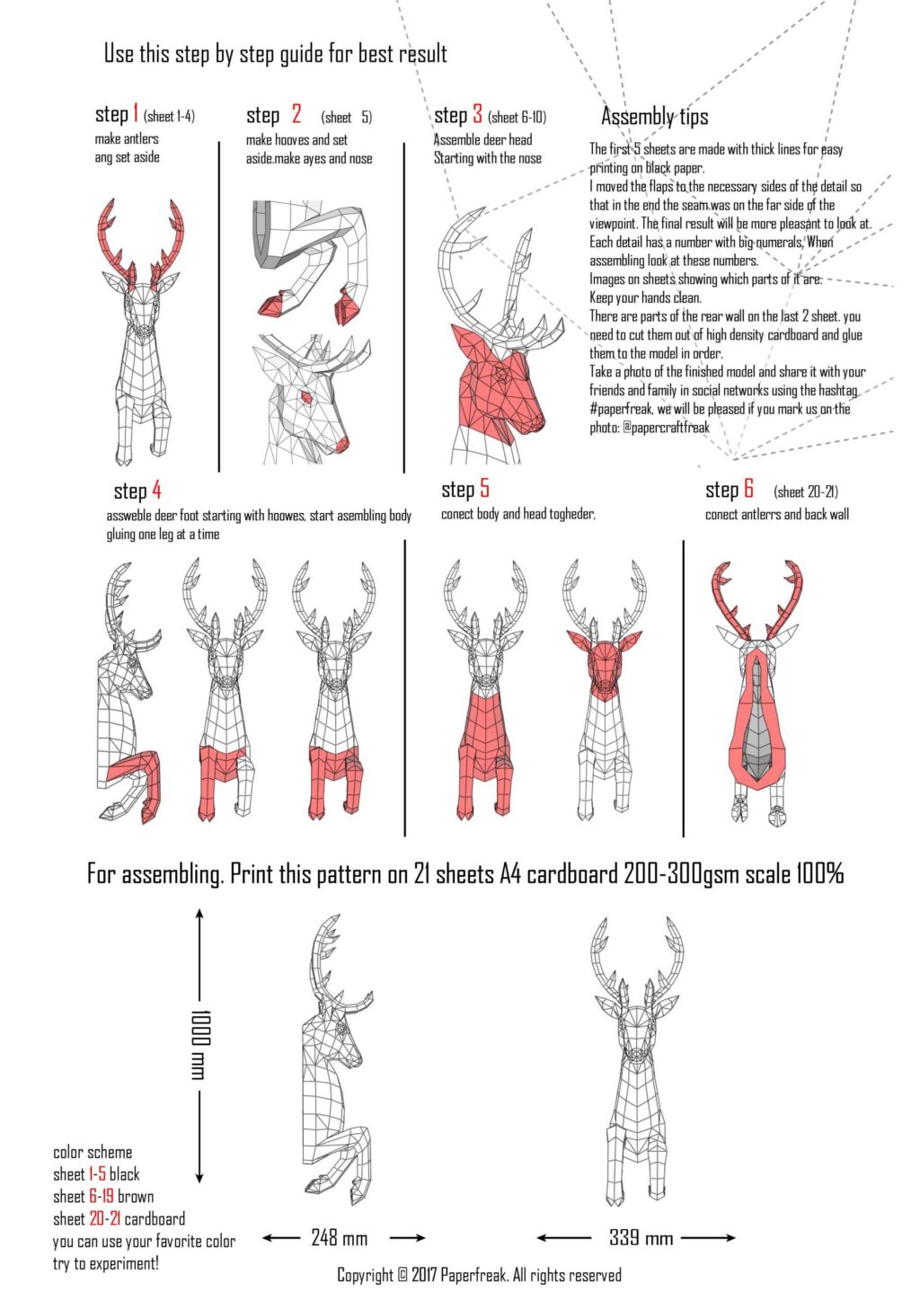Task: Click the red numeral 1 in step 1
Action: (x=136, y=113)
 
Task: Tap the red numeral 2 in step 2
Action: (x=296, y=115)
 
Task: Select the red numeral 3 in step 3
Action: (x=477, y=114)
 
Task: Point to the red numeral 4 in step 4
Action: (x=156, y=490)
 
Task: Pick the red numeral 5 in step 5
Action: (x=484, y=488)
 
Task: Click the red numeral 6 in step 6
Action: (x=748, y=489)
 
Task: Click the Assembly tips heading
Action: (x=654, y=117)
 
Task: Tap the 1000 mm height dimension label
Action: (x=199, y=1044)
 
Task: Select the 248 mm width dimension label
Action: (x=339, y=1238)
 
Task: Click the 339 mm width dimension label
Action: (x=641, y=1237)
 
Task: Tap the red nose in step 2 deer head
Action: (x=341, y=445)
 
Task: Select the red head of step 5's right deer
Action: (x=603, y=663)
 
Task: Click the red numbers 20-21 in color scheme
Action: (x=104, y=1219)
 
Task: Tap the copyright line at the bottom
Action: (x=479, y=1275)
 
